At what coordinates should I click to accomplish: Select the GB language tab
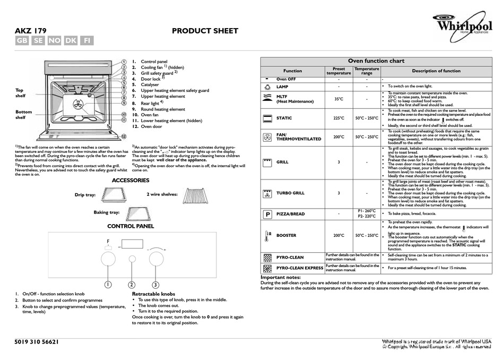pos(22,41)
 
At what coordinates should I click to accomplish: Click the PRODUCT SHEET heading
pos(205,31)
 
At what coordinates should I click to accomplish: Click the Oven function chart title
pos(376,61)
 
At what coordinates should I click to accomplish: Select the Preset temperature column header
pos(338,71)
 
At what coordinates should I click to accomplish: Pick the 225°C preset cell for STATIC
pos(338,118)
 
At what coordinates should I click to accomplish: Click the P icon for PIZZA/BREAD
pos(267,214)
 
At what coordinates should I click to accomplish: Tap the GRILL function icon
pos(267,162)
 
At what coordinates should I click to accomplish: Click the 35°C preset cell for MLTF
pos(338,99)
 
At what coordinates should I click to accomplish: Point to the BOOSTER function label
pos(286,235)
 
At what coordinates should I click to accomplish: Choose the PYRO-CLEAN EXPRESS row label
pos(300,268)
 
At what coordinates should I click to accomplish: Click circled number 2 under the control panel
pos(132,285)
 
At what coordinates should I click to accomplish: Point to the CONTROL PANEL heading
pos(131,226)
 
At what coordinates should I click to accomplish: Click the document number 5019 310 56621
pos(37,342)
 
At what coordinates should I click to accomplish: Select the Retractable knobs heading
pos(153,294)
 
